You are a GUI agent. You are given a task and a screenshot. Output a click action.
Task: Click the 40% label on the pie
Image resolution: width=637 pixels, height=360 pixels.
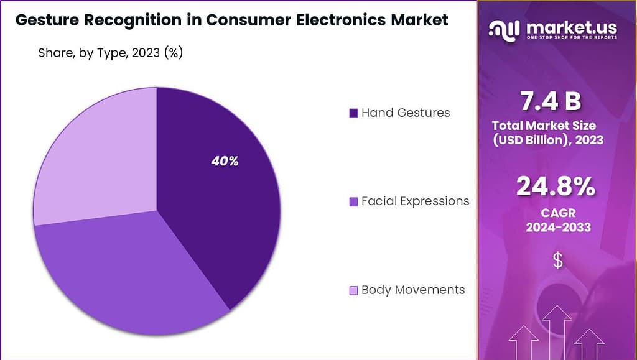225,161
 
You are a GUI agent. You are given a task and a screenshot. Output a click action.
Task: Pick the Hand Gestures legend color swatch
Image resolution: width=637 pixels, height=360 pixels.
353,113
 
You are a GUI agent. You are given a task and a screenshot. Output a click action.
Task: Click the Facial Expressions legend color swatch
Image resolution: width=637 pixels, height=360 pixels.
353,201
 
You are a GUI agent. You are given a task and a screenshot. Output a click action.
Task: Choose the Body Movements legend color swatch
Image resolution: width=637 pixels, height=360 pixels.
353,290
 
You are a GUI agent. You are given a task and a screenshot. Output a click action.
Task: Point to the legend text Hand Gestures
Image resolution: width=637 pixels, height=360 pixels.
406,113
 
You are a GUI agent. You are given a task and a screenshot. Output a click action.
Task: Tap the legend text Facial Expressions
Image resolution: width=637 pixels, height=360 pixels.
415,201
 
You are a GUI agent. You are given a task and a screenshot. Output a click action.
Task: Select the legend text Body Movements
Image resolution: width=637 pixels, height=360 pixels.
413,290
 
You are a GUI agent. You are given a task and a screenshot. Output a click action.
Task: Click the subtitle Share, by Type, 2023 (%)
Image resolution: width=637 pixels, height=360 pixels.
110,53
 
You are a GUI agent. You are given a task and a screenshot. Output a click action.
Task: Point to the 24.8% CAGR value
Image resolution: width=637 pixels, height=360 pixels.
556,187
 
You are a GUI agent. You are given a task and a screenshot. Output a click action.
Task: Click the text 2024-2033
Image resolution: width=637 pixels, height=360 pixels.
558,228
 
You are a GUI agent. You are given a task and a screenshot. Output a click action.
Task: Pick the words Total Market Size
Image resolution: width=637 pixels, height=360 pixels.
544,126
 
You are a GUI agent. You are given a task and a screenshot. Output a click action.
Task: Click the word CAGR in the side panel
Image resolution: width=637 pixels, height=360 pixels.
557,213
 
